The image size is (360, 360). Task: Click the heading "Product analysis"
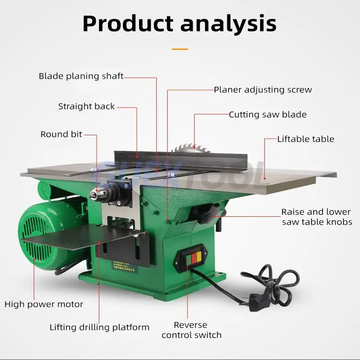coord(180,23)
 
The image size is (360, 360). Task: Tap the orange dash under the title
coord(180,49)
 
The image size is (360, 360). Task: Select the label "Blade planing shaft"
coord(81,76)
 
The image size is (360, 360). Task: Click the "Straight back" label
coord(86,107)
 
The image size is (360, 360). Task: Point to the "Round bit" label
coord(61,134)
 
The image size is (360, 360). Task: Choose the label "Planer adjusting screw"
coord(262,90)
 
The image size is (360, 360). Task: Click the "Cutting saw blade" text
coord(267,114)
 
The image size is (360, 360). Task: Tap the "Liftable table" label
coord(306,139)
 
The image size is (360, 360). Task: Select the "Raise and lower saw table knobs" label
coord(316,216)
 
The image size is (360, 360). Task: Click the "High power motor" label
coord(44,304)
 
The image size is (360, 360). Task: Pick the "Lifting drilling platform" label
coord(99,327)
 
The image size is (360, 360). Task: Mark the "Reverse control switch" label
coord(191,330)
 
